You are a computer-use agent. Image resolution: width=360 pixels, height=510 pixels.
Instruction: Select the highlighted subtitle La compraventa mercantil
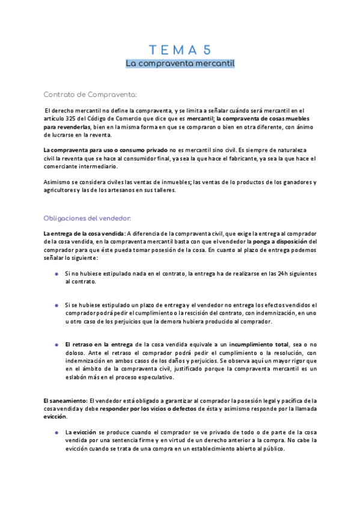[180, 63]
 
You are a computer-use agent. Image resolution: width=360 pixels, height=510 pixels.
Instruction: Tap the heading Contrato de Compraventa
[91, 94]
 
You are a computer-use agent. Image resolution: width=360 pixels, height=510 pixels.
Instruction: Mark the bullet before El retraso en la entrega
[56, 344]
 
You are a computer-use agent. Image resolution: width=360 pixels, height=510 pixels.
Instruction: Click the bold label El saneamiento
[65, 400]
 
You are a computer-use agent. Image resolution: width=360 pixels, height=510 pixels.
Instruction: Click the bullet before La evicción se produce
[56, 432]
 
